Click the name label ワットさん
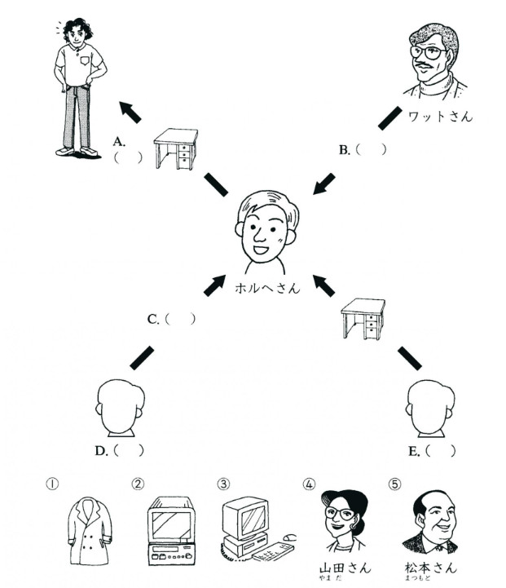pyautogui.click(x=441, y=117)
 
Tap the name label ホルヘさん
pyautogui.click(x=267, y=288)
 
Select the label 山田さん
pyautogui.click(x=345, y=568)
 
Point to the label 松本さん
pyautogui.click(x=431, y=568)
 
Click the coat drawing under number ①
pyautogui.click(x=90, y=530)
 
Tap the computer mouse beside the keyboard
pyautogui.click(x=289, y=537)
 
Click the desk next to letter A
pyautogui.click(x=176, y=148)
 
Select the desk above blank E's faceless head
pyautogui.click(x=363, y=319)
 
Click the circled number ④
pyautogui.click(x=309, y=484)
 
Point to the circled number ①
pyautogui.click(x=52, y=484)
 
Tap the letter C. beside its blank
pyautogui.click(x=153, y=320)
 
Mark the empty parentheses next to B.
pyautogui.click(x=371, y=149)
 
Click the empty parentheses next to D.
pyautogui.click(x=129, y=450)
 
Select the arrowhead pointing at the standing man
pyautogui.click(x=126, y=108)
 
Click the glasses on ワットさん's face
pyautogui.click(x=427, y=53)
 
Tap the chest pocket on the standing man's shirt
pyautogui.click(x=85, y=60)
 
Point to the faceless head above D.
pyautogui.click(x=120, y=408)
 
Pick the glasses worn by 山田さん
pyautogui.click(x=340, y=513)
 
